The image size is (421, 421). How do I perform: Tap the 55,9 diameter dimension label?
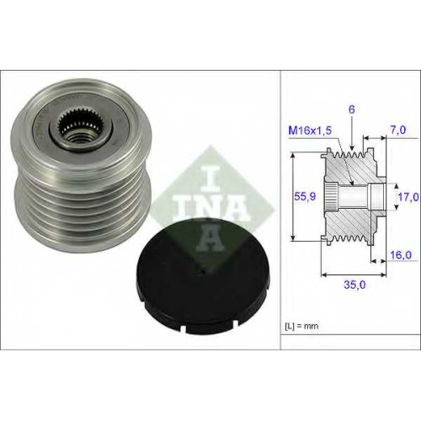305,196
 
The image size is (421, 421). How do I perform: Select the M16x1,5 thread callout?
310,131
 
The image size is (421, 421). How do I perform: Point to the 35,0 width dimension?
354,285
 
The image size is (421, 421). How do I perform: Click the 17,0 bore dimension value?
408,197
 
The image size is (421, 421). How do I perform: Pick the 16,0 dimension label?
401,255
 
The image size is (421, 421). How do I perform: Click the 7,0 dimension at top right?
398,130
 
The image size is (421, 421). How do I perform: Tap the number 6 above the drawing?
352,109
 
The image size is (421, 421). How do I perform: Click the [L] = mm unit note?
301,326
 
